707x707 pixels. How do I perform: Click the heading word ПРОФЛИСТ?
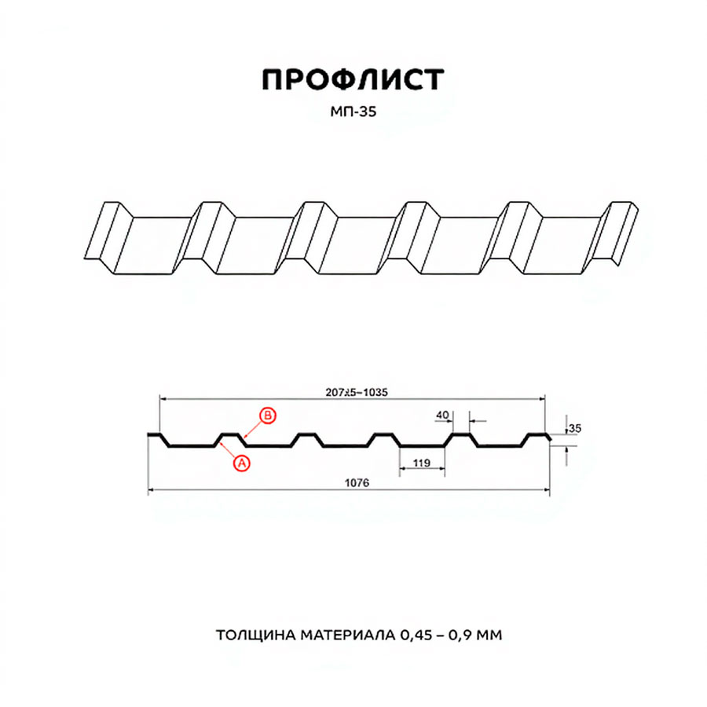click(x=353, y=79)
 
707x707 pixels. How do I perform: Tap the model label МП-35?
click(x=353, y=112)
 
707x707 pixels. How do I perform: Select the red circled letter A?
click(x=242, y=463)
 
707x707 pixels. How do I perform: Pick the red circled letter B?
click(x=268, y=416)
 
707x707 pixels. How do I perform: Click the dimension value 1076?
click(x=357, y=483)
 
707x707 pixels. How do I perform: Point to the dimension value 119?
click(x=422, y=463)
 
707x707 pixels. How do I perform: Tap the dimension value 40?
click(x=443, y=414)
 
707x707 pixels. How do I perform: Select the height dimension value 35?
click(x=575, y=428)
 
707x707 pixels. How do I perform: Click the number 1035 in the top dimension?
click(x=375, y=392)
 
